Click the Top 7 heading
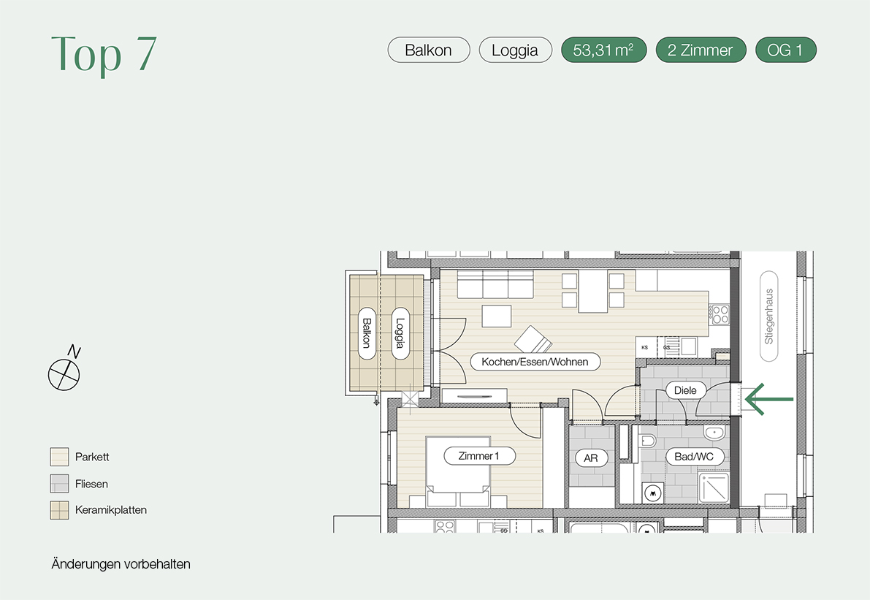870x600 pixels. coord(104,54)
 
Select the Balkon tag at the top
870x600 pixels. coord(429,50)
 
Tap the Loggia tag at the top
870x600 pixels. coord(515,50)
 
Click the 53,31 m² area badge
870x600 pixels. coord(603,50)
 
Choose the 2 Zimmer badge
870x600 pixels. coord(701,50)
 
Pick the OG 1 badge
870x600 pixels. coord(786,50)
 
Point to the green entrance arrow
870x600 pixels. coord(769,399)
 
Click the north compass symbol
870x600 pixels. coord(64,370)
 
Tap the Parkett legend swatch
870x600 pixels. coord(59,457)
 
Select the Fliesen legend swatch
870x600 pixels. coord(59,484)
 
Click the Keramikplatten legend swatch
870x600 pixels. coord(59,510)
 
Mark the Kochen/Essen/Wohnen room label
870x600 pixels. coord(535,362)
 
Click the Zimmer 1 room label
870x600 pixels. coord(479,456)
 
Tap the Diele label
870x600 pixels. coord(685,390)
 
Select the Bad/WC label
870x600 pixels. coord(694,457)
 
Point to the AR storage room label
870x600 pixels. coord(591,458)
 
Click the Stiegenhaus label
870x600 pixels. coord(769,316)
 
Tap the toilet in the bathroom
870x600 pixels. coord(647,441)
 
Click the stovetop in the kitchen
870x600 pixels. coord(720,315)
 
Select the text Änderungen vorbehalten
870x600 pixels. coord(121,564)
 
